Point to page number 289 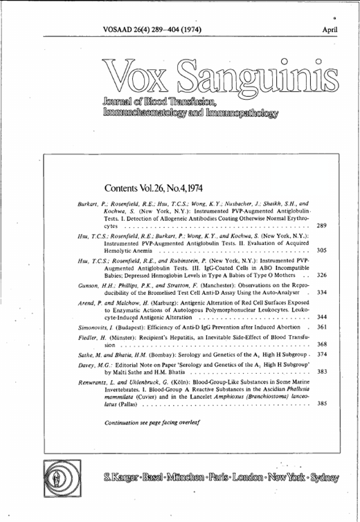pos(321,226)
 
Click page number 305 pos(321,250)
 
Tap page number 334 pos(321,292)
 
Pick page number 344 pos(321,316)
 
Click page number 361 pos(321,327)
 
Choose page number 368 pos(321,344)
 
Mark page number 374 pos(321,354)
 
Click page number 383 pos(321,372)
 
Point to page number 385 pos(321,403)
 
